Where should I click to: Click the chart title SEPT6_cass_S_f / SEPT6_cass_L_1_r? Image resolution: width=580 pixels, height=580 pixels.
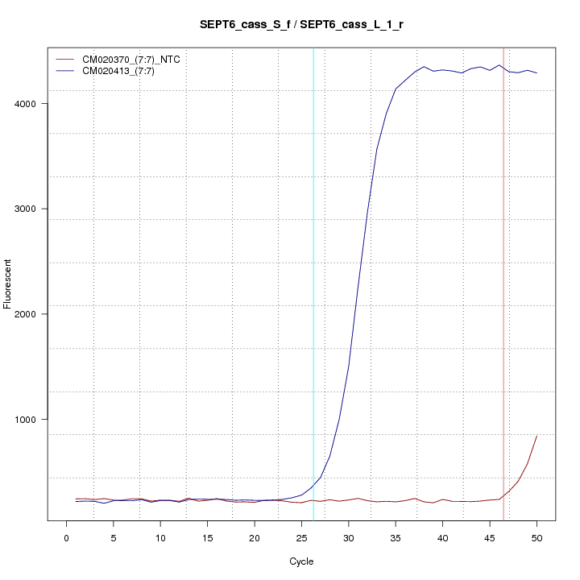point(301,25)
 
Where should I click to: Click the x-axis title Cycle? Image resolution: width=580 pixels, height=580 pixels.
point(301,561)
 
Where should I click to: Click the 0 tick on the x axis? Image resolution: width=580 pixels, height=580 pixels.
point(67,537)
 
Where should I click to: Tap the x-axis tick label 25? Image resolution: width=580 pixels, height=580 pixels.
point(301,537)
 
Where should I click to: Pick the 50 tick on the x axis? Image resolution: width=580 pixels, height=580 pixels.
point(536,537)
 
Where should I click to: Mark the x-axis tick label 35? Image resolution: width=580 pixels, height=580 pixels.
point(396,537)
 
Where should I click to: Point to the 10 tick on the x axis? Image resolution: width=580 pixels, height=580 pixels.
point(160,537)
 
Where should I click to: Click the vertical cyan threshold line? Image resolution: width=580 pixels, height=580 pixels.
point(313,282)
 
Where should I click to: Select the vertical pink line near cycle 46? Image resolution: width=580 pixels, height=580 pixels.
point(503,282)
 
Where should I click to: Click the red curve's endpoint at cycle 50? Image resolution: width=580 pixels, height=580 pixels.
point(536,436)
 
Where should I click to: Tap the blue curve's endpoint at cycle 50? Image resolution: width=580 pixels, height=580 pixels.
point(536,73)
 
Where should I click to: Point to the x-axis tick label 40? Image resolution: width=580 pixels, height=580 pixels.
point(442,537)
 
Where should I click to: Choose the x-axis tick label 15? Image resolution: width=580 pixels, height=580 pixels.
point(208,537)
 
